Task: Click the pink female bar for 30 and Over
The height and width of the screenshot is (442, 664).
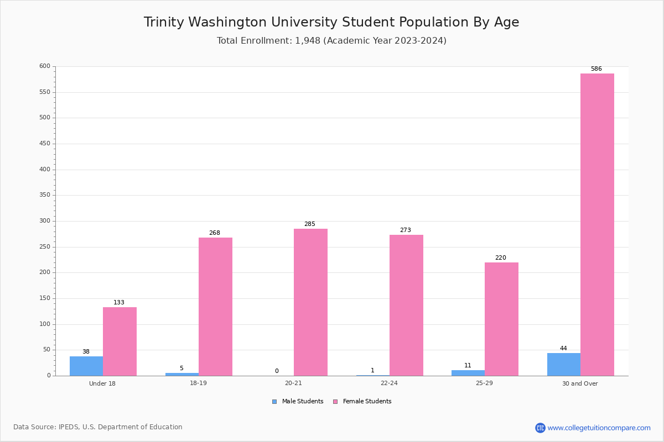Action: (597, 224)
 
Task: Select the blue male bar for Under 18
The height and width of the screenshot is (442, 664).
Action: (86, 366)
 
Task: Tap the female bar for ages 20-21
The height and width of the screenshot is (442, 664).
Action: (310, 302)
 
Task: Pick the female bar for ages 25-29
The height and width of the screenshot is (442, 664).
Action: (501, 319)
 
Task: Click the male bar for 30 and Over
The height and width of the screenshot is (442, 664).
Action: (564, 364)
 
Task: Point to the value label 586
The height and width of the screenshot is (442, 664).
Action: (596, 69)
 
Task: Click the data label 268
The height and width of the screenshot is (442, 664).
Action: (214, 233)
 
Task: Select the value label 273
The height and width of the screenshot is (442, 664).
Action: (405, 230)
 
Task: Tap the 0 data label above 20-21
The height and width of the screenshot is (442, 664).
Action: (277, 371)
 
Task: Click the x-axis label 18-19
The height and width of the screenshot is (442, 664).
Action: (198, 383)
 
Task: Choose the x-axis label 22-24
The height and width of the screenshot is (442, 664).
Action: (389, 383)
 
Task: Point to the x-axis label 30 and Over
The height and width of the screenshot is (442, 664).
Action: (580, 383)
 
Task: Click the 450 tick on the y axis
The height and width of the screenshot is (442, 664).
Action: (44, 144)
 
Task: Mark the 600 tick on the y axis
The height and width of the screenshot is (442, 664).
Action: (44, 66)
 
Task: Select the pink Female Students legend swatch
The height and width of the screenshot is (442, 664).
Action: (335, 402)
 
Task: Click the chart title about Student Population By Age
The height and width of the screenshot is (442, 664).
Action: (331, 22)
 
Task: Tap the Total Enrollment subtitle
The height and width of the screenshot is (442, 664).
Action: (331, 41)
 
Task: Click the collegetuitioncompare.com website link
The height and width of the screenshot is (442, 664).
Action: (599, 428)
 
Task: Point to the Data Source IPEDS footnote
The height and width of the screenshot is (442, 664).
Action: (98, 427)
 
